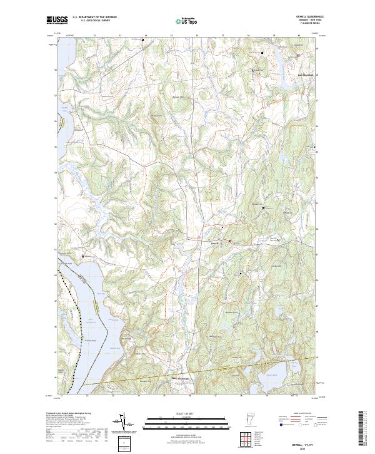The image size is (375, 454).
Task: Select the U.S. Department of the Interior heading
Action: [94, 18]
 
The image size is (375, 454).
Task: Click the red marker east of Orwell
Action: [229, 240]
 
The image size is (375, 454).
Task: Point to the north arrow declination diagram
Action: [127, 423]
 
